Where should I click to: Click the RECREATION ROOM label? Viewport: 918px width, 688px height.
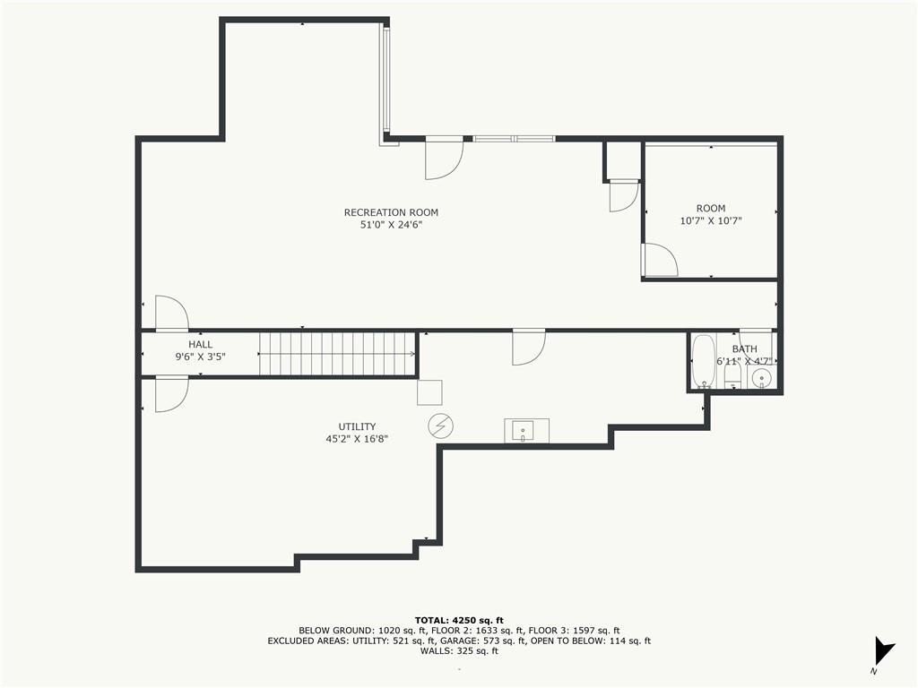[391, 212]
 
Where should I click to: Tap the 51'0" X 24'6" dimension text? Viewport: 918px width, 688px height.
[391, 226]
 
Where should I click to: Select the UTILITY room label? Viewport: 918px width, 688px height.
[357, 426]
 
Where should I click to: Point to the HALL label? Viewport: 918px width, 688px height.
[200, 344]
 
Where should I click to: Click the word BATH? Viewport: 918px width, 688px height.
[744, 349]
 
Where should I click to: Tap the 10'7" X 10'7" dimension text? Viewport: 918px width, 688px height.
[711, 220]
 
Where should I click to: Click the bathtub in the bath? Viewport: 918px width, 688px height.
[703, 362]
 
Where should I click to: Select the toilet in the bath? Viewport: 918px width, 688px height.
[732, 377]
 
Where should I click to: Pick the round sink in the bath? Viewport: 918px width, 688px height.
[762, 378]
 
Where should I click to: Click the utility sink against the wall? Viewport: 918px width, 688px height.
[526, 431]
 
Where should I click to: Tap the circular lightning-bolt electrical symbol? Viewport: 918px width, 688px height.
[440, 426]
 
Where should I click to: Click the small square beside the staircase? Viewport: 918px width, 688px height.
[429, 393]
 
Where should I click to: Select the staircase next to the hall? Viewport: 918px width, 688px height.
[338, 354]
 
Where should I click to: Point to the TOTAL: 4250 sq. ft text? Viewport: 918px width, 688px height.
[459, 620]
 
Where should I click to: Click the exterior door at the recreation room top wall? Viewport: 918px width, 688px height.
[443, 157]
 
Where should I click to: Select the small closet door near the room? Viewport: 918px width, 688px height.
[622, 194]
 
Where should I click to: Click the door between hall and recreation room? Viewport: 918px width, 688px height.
[170, 313]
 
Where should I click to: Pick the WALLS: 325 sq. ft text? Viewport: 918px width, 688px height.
[459, 651]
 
